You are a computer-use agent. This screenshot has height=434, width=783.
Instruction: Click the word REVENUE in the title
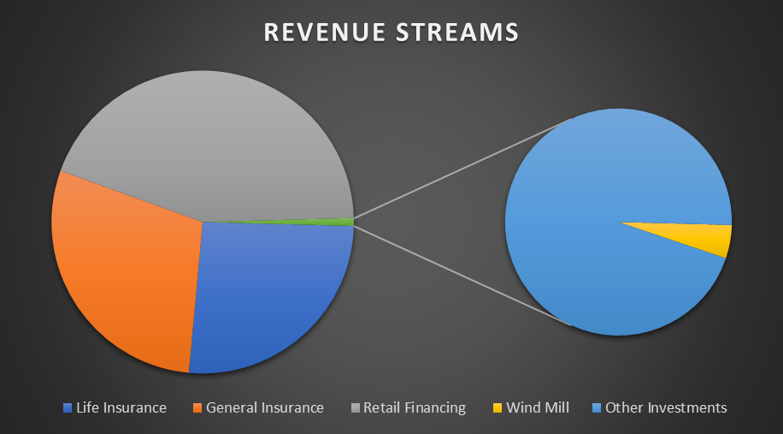tap(325, 32)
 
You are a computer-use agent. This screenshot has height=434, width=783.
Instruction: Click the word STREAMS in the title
tap(457, 32)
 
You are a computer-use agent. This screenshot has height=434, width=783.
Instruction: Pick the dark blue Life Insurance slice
tap(269, 295)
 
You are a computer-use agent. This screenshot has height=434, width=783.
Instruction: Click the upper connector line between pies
tap(462, 169)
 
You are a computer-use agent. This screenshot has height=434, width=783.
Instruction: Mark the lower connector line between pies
tap(462, 276)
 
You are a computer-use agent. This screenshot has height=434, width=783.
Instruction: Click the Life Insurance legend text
tap(121, 407)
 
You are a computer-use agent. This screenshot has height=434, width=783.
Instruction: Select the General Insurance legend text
tap(265, 407)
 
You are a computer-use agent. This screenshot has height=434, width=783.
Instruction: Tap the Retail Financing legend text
tap(415, 407)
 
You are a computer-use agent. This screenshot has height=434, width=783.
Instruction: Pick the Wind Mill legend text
tap(538, 407)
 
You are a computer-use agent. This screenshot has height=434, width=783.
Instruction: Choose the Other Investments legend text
tap(666, 407)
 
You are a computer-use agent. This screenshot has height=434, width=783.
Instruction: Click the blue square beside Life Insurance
tap(68, 408)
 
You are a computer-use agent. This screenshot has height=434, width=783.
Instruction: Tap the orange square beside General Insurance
tap(197, 408)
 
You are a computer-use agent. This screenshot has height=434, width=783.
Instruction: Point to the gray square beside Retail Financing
tap(355, 408)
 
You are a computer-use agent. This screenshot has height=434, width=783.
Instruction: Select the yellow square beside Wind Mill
tap(497, 408)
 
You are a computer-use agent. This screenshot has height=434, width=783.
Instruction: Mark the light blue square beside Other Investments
tap(597, 408)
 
